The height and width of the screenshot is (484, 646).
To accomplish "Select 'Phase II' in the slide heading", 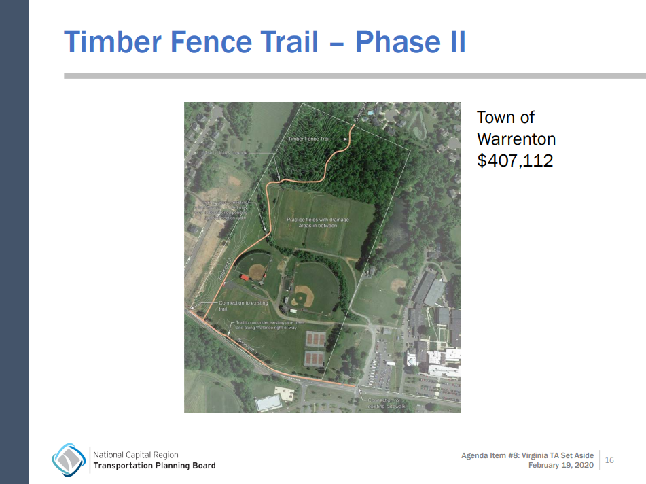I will coord(410,41).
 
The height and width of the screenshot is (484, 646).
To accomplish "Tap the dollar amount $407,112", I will coord(515,161).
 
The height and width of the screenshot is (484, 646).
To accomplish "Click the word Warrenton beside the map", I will coord(516,139).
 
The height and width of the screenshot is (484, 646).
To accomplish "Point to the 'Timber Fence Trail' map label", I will coord(308,139).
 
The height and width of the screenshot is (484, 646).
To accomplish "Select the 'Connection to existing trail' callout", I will coord(243,306).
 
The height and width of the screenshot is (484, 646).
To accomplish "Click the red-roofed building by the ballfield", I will coord(244,277).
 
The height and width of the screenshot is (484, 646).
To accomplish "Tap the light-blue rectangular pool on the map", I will coord(268,403).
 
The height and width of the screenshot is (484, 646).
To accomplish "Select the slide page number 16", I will coord(609,460).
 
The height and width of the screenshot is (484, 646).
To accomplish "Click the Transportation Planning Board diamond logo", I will coord(69,460).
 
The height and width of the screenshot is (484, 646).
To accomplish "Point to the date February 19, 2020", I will coord(560,465).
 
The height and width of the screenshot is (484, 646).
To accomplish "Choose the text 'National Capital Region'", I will coord(136,455).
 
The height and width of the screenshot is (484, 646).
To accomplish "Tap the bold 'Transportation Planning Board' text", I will coord(154,466).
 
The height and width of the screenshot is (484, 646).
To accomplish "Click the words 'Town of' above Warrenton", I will coord(506,117).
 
